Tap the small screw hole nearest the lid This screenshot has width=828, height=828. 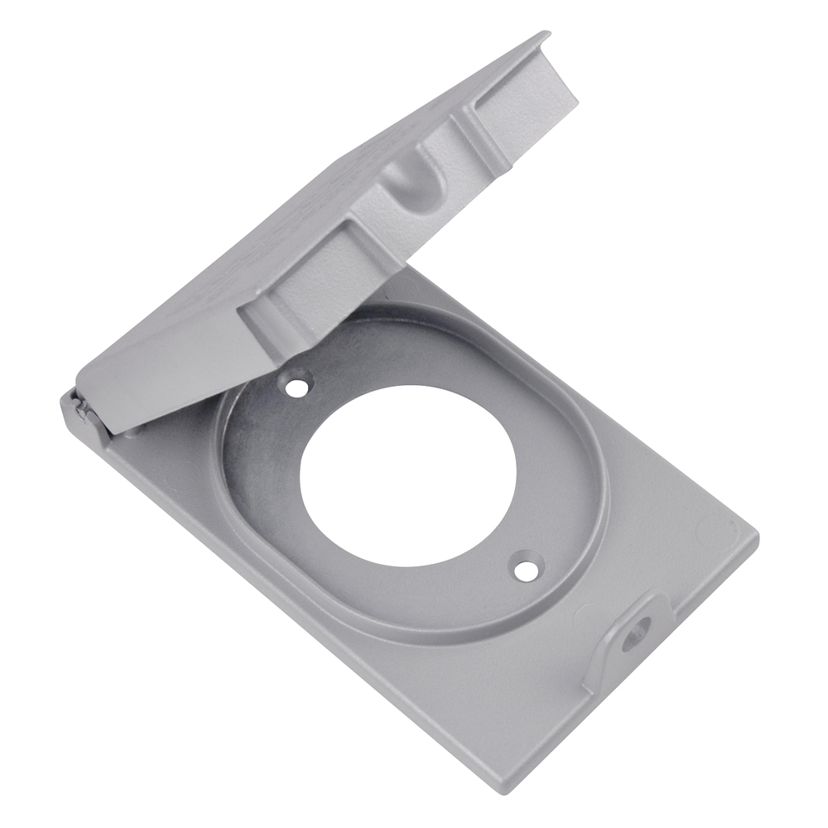click(294, 385)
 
